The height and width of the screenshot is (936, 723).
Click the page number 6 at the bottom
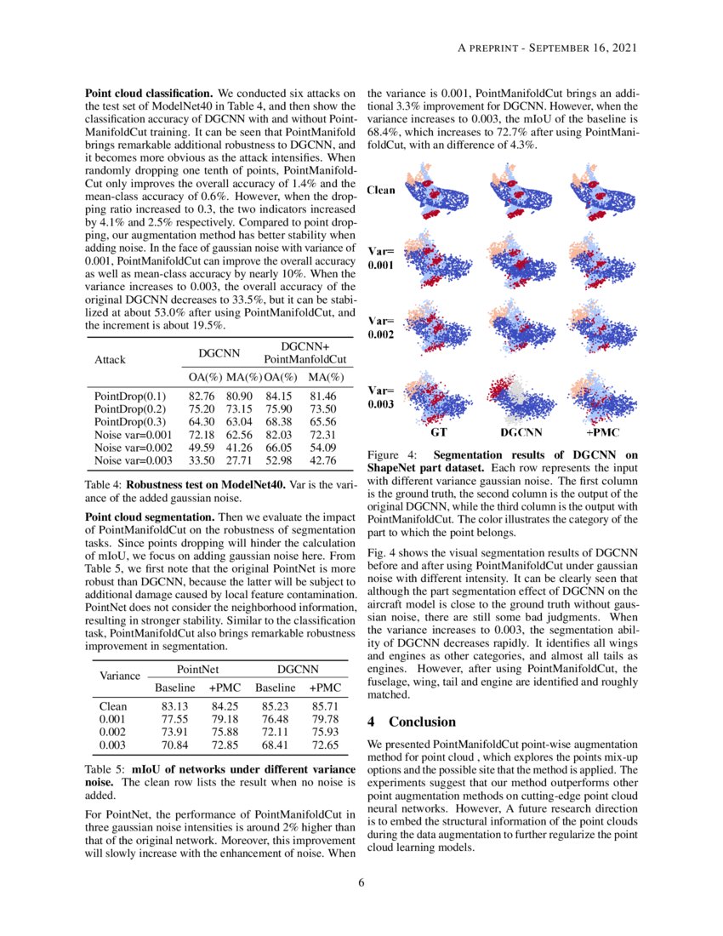click(x=361, y=882)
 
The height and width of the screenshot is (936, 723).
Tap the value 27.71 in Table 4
click(x=239, y=460)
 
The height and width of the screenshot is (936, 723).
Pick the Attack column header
click(x=108, y=359)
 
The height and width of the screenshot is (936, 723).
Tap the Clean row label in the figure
click(x=380, y=191)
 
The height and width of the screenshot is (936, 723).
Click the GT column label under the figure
click(x=440, y=432)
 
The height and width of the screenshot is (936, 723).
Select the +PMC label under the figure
click(x=602, y=432)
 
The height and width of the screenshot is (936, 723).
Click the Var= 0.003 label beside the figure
click(x=380, y=397)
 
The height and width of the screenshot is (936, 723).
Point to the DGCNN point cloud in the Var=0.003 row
click(x=521, y=398)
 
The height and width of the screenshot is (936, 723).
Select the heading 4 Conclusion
click(x=411, y=722)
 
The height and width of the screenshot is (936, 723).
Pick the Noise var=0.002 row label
click(x=132, y=448)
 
